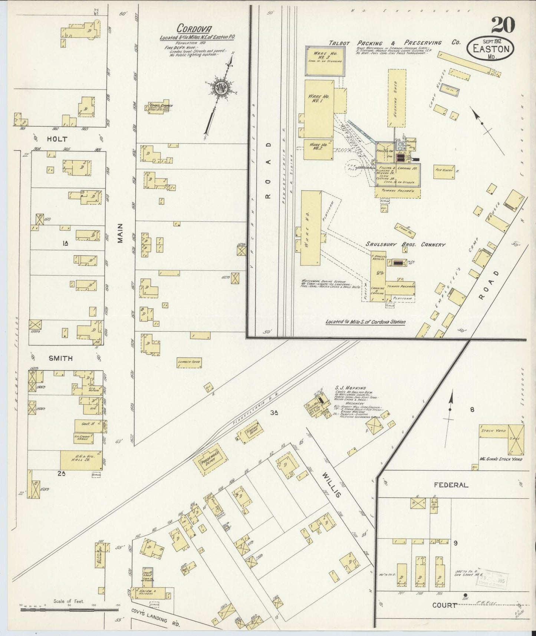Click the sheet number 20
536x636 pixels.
point(503,25)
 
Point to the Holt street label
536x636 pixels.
point(57,139)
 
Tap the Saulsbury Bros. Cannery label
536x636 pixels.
point(405,245)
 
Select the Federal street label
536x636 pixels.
point(454,485)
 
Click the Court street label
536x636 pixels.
point(444,605)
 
